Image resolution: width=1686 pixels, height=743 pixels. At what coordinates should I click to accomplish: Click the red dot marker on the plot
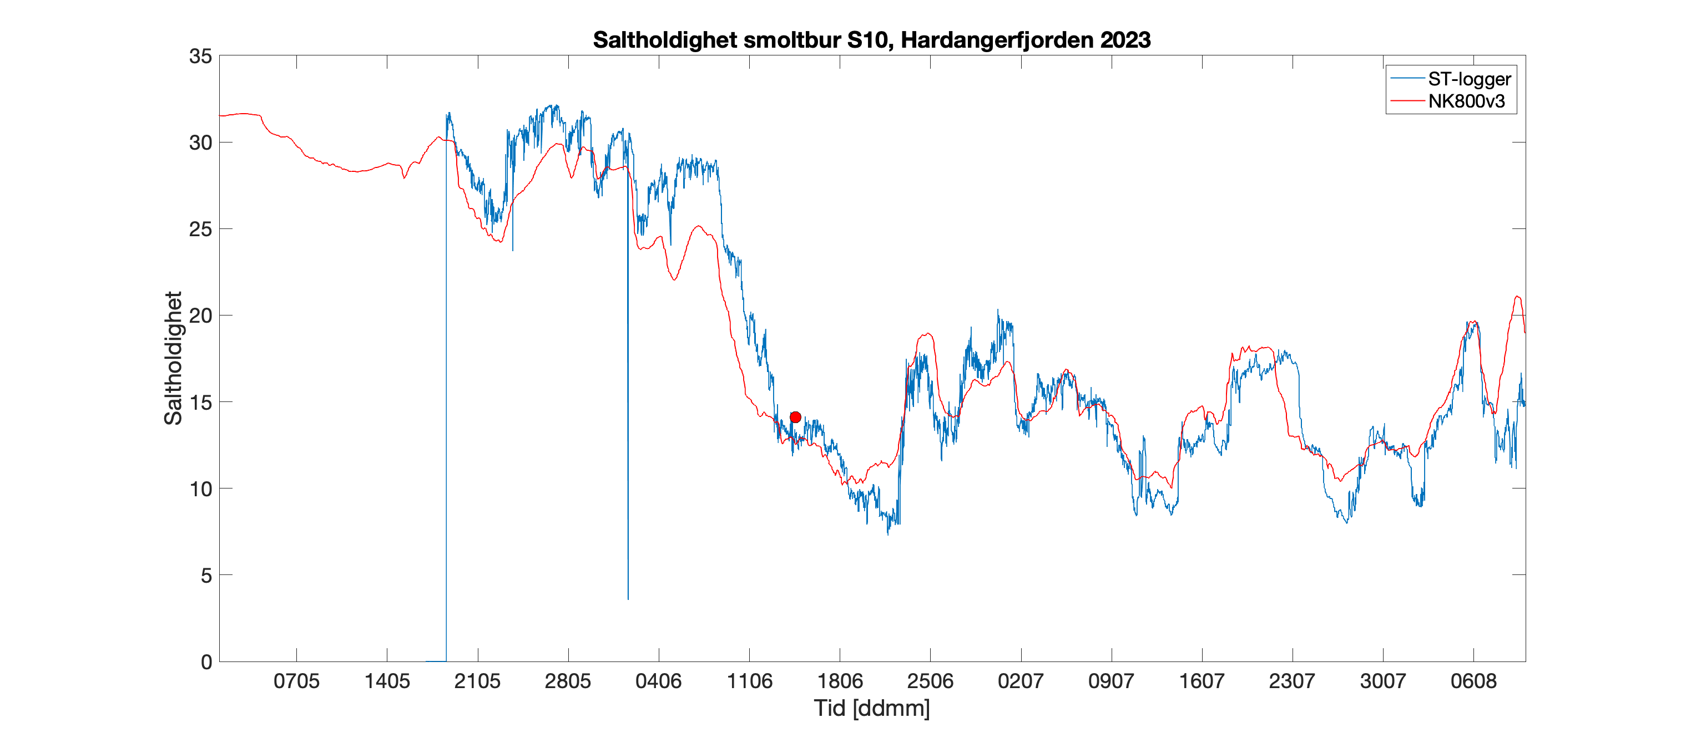(x=795, y=418)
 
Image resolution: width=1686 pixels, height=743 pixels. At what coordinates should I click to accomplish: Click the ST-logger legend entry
(x=1468, y=79)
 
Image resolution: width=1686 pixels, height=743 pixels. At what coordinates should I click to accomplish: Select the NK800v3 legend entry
(x=1466, y=101)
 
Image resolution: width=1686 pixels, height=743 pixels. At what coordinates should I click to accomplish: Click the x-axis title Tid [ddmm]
(x=872, y=708)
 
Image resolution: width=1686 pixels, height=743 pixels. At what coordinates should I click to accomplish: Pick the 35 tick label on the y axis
(x=200, y=56)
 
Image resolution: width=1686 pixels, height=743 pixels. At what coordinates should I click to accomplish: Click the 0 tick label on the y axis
(x=206, y=662)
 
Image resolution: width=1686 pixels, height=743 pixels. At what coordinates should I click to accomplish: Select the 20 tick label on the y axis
(x=200, y=316)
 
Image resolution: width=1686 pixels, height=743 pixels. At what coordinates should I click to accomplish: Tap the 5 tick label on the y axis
(x=206, y=576)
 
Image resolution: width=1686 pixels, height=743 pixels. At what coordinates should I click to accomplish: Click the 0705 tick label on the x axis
(x=296, y=681)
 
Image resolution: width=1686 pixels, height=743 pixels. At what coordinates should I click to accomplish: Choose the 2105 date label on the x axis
(x=477, y=681)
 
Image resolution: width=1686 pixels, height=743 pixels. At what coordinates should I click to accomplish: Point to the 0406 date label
(x=658, y=681)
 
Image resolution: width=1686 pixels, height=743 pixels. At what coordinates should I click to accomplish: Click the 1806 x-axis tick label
(x=840, y=681)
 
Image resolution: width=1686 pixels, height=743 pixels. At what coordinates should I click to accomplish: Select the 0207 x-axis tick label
(x=1021, y=681)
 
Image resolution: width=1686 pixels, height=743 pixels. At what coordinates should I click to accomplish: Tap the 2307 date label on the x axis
(x=1292, y=681)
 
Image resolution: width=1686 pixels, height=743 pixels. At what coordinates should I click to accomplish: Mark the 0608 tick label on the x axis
(x=1473, y=681)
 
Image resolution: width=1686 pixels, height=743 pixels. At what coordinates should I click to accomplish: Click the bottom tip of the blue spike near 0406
(x=628, y=598)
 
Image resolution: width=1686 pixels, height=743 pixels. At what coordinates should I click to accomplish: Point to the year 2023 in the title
(x=1125, y=40)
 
